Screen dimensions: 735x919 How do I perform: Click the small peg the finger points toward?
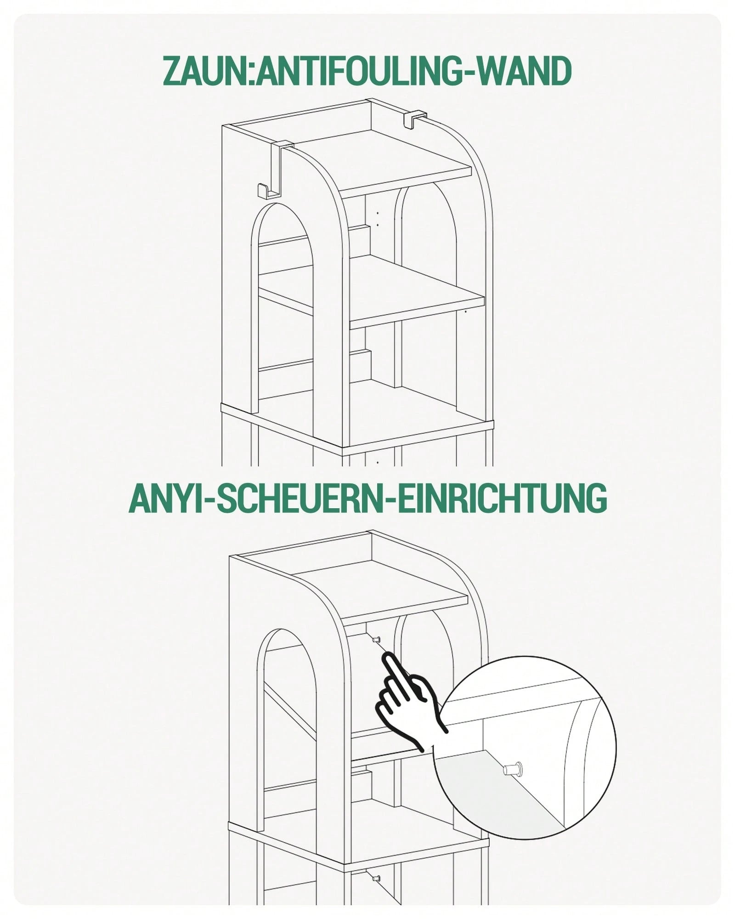pos(376,640)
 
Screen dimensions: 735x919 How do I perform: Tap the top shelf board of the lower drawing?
pos(380,593)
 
